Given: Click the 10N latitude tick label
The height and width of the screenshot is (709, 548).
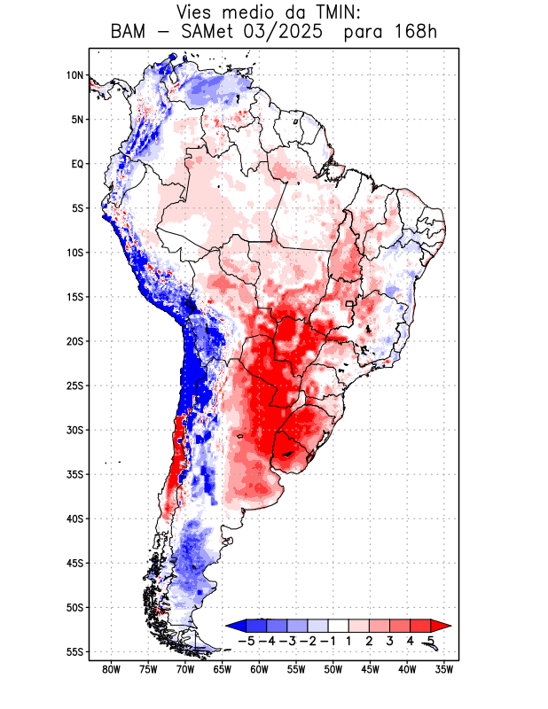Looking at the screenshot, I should pyautogui.click(x=74, y=75).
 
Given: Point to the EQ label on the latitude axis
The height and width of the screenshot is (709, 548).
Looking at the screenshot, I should pyautogui.click(x=77, y=164).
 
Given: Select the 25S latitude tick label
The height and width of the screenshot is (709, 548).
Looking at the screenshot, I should pyautogui.click(x=74, y=386).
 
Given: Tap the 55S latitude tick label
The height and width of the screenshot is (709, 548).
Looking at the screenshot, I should pyautogui.click(x=74, y=651).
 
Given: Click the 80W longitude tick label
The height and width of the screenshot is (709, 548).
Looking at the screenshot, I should pyautogui.click(x=111, y=669).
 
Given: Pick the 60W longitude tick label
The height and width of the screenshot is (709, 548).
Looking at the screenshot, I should pyautogui.click(x=259, y=669).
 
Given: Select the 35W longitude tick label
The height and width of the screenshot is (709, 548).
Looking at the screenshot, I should pyautogui.click(x=444, y=669).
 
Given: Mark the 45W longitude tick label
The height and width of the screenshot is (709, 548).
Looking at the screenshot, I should pyautogui.click(x=370, y=669).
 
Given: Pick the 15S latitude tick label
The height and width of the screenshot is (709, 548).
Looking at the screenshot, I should pyautogui.click(x=74, y=297).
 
